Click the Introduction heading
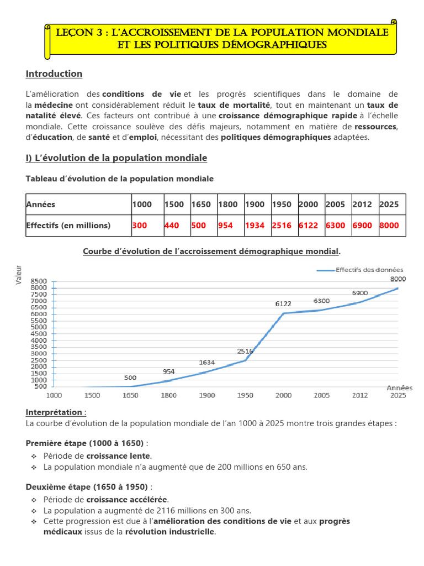[54, 74]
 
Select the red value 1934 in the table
[255, 226]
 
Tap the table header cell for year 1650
[201, 205]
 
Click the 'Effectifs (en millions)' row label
[68, 226]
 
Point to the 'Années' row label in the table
[40, 205]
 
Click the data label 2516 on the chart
[245, 351]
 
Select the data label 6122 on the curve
[283, 304]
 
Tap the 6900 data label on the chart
[360, 292]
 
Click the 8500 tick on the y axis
[40, 281]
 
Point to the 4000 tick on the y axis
[40, 340]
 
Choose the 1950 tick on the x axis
[245, 396]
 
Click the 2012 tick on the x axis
[360, 396]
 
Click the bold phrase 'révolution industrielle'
[170, 532]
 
